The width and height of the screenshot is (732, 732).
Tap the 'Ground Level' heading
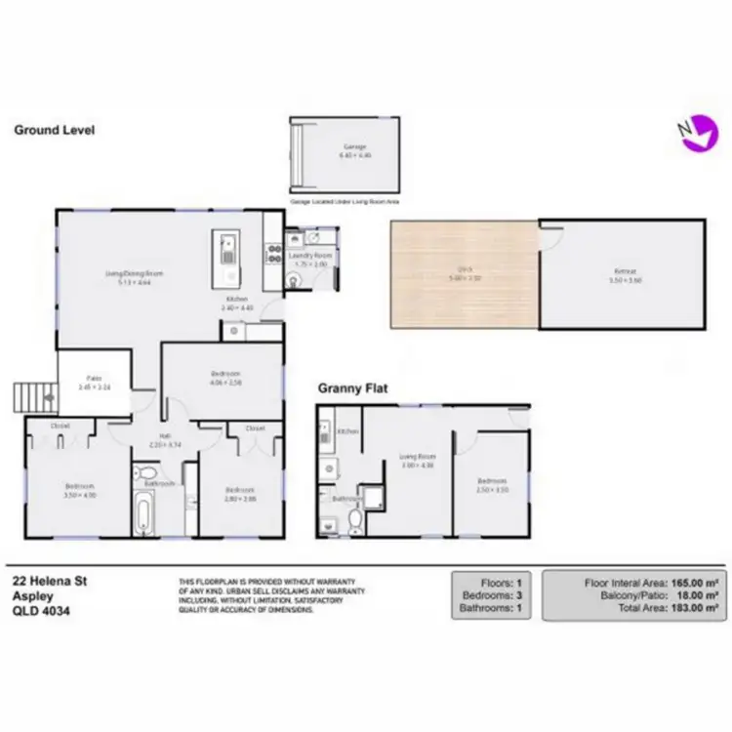(54, 129)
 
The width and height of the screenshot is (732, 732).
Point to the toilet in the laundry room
(296, 277)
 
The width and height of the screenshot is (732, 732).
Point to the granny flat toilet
(356, 521)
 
